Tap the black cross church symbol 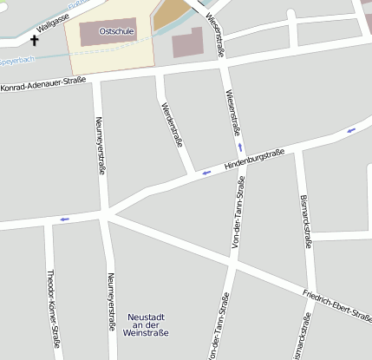click(x=36, y=40)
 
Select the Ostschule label click(x=115, y=31)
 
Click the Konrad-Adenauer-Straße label click(x=43, y=85)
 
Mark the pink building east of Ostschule click(x=186, y=43)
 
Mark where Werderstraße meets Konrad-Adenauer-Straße click(x=159, y=75)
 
